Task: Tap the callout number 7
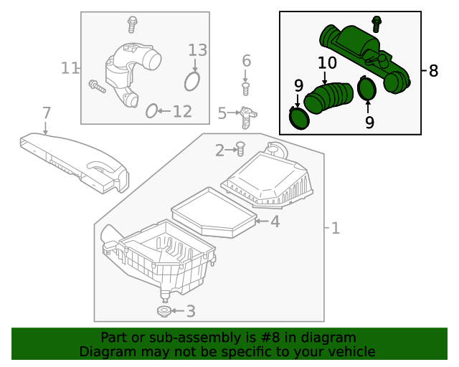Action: point(47,113)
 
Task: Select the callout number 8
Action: point(433,71)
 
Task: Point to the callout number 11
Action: point(70,69)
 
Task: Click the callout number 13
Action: point(197,50)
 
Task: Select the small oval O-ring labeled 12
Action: point(151,110)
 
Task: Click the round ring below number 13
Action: point(192,81)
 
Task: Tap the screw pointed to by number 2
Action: point(241,149)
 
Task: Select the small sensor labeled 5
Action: point(247,116)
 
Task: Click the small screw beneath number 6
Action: point(246,88)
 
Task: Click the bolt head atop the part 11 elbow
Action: point(132,24)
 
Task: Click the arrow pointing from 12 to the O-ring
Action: point(164,111)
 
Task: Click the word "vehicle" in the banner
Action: point(350,351)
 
